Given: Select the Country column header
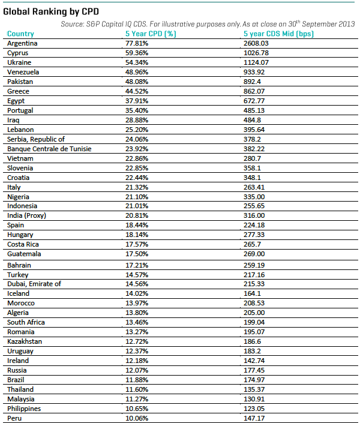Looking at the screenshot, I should pos(20,34).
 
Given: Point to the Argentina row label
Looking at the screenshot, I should pos(22,44).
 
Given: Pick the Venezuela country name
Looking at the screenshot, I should pos(23,72).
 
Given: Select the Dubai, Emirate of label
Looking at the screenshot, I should pos(34,284).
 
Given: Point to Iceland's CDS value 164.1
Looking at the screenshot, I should pos(247,293).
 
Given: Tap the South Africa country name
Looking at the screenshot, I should pos(26,322).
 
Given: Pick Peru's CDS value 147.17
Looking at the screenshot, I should pos(249,418).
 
